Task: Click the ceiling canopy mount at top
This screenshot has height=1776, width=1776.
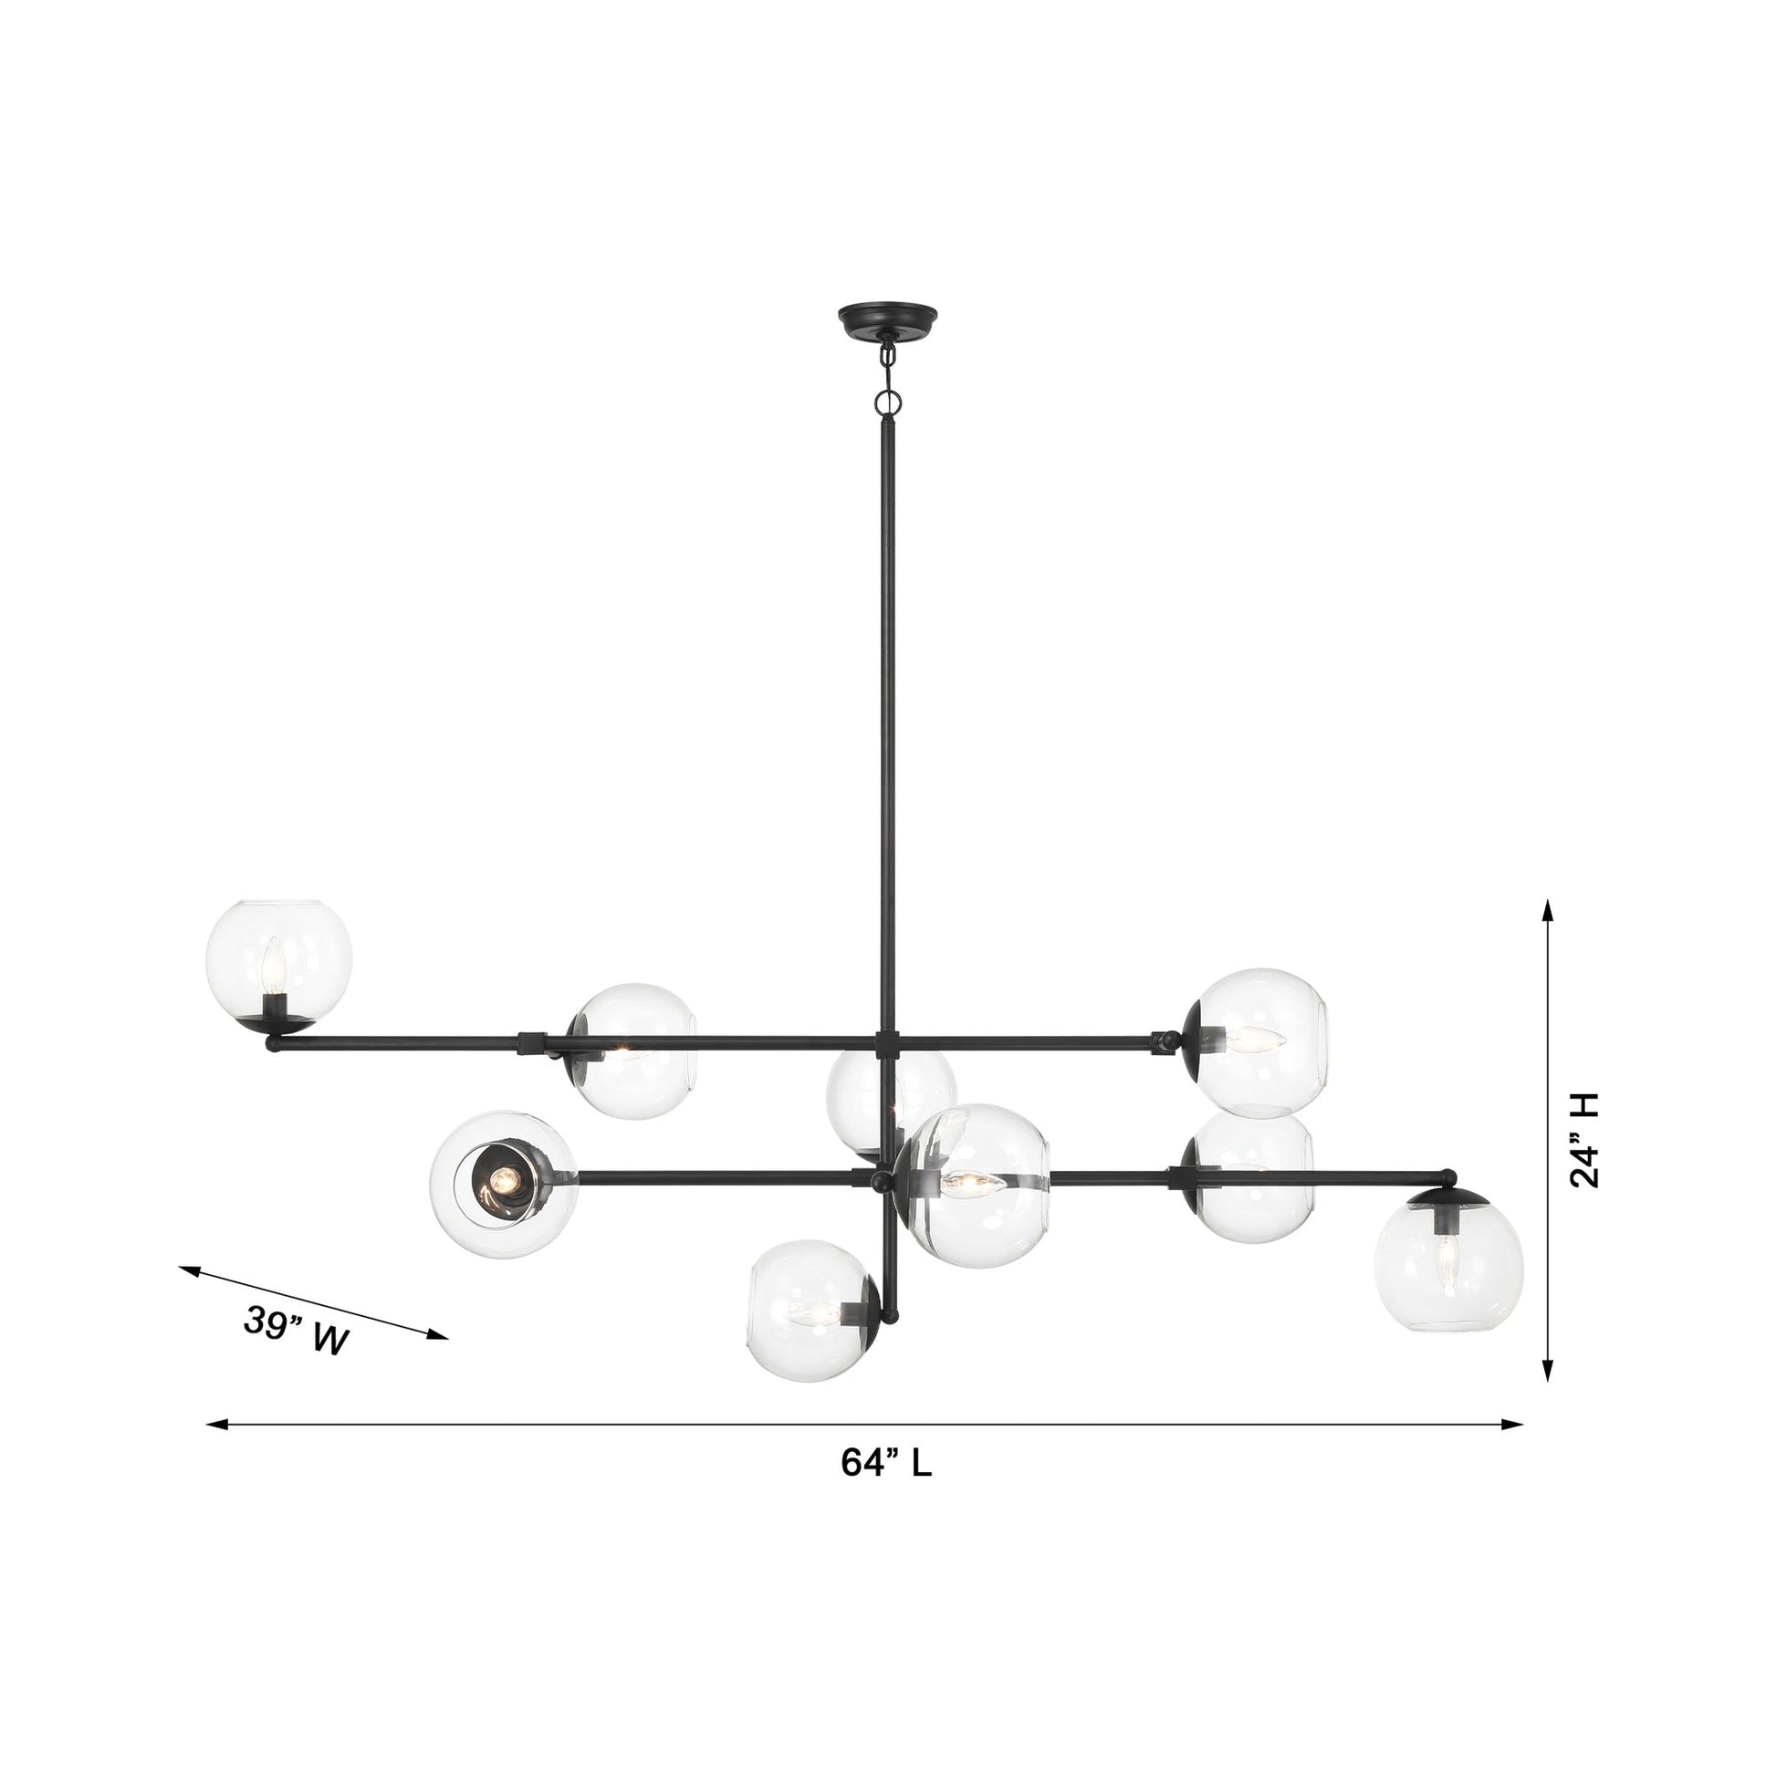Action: [887, 321]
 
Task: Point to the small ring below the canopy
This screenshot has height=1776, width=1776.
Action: [888, 402]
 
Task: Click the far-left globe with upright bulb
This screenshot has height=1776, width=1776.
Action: [278, 964]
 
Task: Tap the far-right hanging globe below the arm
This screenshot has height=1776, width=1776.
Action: [1447, 1278]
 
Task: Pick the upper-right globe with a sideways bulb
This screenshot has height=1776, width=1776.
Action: [1260, 1041]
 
